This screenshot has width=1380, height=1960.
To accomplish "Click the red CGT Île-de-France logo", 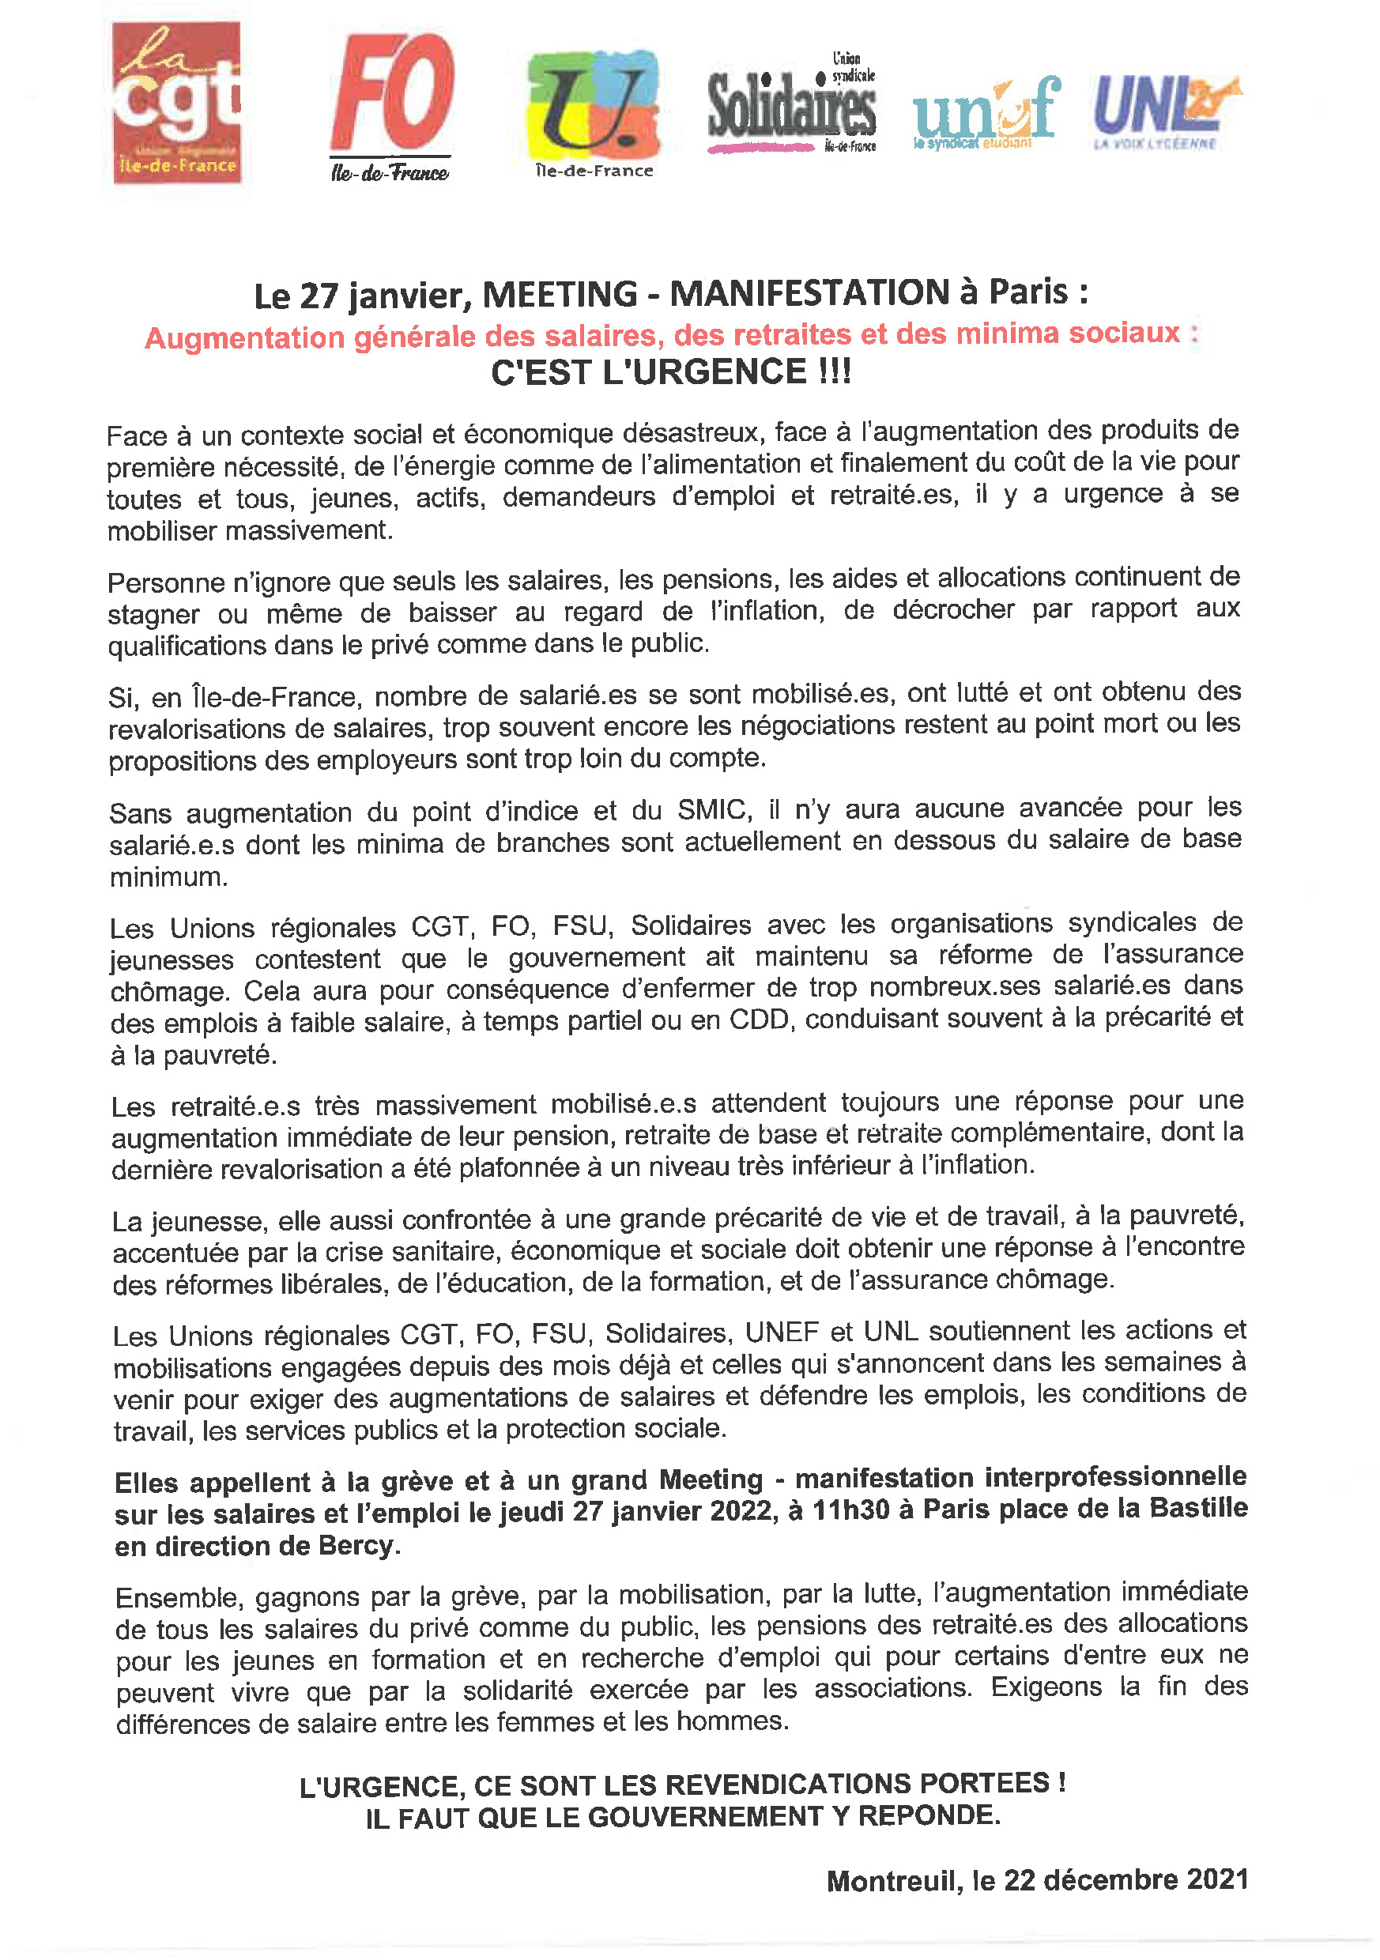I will pyautogui.click(x=177, y=103).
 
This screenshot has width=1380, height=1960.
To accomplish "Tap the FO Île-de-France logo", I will pyautogui.click(x=392, y=107).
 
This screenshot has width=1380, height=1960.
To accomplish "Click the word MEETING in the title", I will pyautogui.click(x=560, y=295).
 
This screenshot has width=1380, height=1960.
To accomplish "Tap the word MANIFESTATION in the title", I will pyautogui.click(x=809, y=292).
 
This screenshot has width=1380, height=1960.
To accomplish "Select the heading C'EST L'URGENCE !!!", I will pyautogui.click(x=671, y=372).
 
